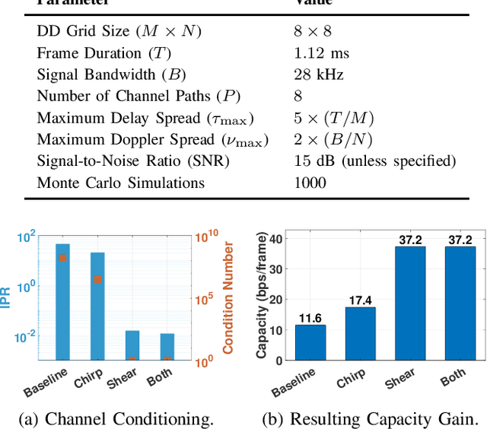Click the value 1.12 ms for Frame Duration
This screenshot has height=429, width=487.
point(320,52)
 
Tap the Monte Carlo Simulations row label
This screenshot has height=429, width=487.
point(121,183)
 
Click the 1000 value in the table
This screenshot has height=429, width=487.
point(310,183)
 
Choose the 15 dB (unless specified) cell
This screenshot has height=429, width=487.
point(374,161)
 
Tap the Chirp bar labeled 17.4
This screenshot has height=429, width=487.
point(361,334)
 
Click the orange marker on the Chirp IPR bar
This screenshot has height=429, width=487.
point(97,279)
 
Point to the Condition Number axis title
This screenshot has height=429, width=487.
point(228,297)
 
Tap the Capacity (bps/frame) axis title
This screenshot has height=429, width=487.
point(262,297)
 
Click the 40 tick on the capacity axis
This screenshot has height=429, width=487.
point(279,238)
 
